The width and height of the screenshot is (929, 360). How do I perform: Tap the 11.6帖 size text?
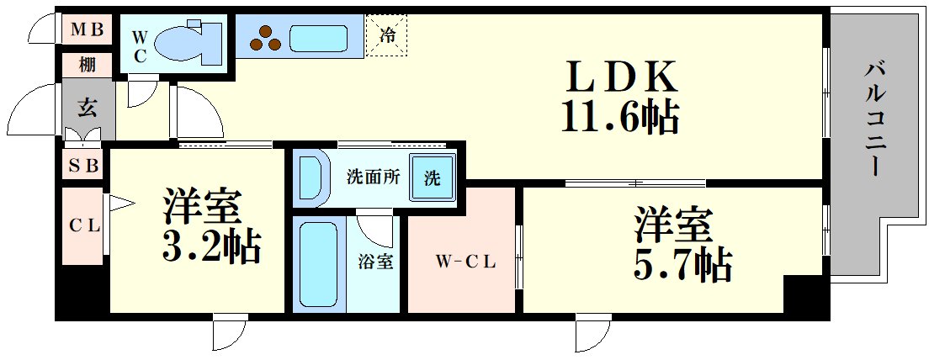click(621, 117)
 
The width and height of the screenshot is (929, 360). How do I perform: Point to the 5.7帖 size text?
click(682, 265)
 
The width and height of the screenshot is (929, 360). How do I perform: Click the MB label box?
click(86, 31)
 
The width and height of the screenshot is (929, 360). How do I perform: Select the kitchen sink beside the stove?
click(319, 38)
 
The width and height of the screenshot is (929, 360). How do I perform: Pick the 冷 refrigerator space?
click(387, 35)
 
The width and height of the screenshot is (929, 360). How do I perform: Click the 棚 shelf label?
click(87, 64)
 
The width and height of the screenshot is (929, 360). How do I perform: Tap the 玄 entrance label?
click(87, 107)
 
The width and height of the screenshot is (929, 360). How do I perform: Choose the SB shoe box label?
click(84, 166)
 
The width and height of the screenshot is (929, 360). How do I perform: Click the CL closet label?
click(84, 225)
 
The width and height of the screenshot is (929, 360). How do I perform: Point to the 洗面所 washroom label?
click(372, 177)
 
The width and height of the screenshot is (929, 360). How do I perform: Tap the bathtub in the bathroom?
click(319, 264)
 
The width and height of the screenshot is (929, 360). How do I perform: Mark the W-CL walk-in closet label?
click(464, 262)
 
